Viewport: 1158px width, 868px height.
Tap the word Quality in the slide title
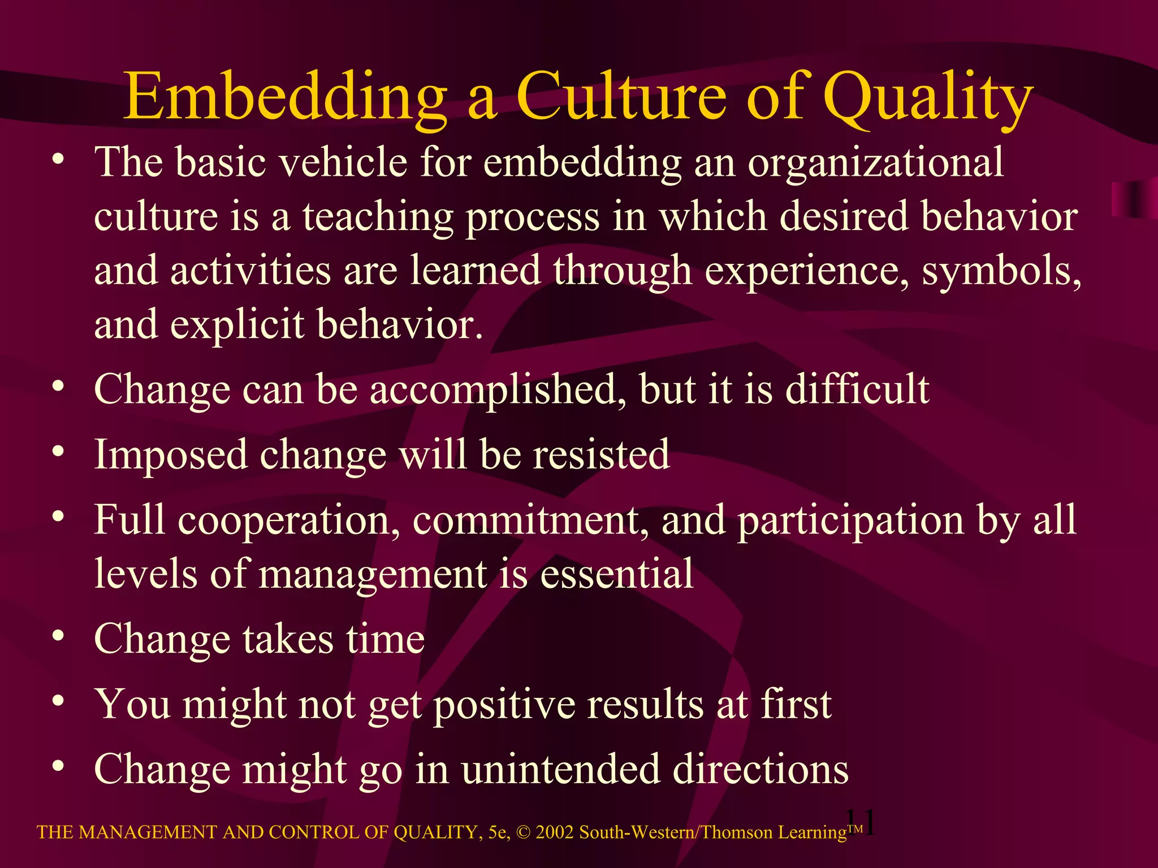pyautogui.click(x=927, y=97)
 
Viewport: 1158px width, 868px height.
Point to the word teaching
pyautogui.click(x=378, y=217)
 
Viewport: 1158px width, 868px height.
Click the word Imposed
pyautogui.click(x=171, y=454)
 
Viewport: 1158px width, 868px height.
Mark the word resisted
pyautogui.click(x=602, y=454)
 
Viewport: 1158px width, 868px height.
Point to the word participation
pyautogui.click(x=851, y=520)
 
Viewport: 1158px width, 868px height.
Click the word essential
pyautogui.click(x=617, y=574)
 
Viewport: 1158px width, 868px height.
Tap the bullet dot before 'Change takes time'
pyautogui.click(x=58, y=637)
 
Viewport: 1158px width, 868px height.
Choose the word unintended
pyautogui.click(x=560, y=770)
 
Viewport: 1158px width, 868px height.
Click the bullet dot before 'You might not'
pyautogui.click(x=58, y=702)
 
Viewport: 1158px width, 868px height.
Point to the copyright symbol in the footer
pyautogui.click(x=523, y=832)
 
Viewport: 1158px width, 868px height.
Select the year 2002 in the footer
pyautogui.click(x=555, y=832)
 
